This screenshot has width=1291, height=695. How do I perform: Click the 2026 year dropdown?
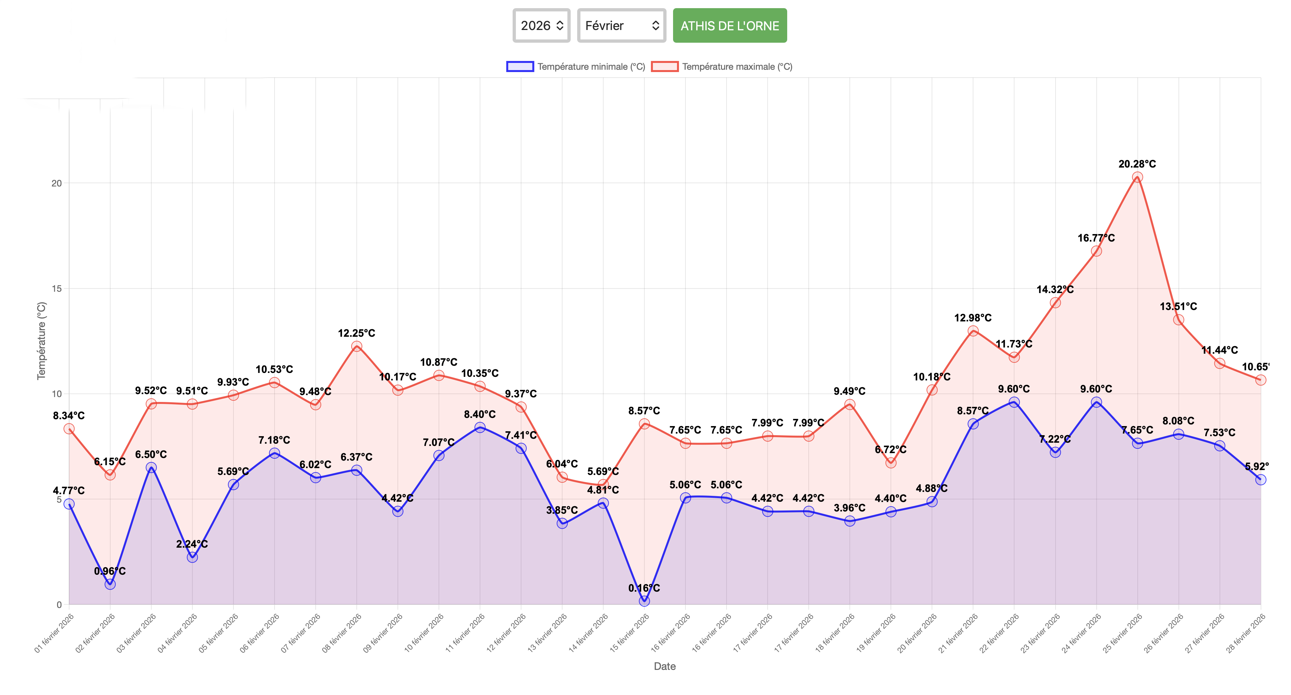click(x=541, y=25)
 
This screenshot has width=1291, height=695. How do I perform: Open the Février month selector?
click(x=621, y=25)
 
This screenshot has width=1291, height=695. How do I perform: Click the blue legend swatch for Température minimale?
click(x=520, y=67)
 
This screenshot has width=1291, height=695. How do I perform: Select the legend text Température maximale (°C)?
click(x=737, y=67)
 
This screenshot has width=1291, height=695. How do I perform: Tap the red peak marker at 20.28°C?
click(x=1137, y=177)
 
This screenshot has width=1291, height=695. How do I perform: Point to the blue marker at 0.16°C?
click(x=644, y=601)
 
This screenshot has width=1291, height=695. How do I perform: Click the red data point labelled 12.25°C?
click(x=356, y=346)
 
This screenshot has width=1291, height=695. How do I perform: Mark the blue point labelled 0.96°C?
click(x=110, y=584)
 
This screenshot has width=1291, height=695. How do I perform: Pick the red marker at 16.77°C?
click(x=1096, y=251)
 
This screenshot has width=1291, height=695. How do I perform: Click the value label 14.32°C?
click(x=1055, y=289)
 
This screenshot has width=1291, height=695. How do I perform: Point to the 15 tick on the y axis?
click(x=57, y=288)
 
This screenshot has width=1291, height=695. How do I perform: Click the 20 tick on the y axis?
click(x=57, y=184)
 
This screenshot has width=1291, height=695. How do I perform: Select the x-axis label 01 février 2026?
click(x=54, y=633)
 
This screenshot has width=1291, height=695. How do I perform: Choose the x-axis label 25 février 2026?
click(x=1123, y=633)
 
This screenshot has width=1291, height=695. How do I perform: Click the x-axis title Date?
click(x=665, y=666)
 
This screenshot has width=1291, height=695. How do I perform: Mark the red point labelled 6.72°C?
click(x=891, y=463)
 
